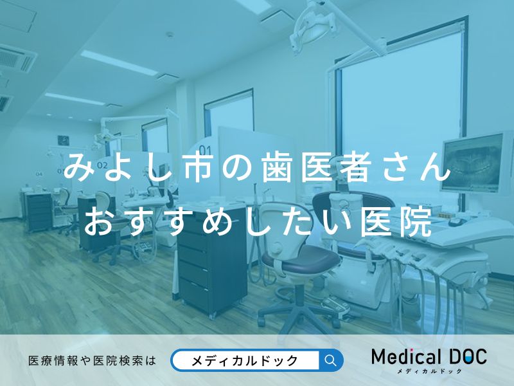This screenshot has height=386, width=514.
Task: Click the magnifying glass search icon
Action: click(x=331, y=360)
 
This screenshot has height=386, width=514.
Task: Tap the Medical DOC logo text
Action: click(x=429, y=356)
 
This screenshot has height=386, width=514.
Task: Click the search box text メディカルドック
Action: click(x=245, y=360)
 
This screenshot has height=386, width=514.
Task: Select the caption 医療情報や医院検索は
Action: click(x=93, y=361)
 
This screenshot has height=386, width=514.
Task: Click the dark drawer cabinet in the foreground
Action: click(x=212, y=264)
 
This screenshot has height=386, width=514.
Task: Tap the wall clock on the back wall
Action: click(x=64, y=140)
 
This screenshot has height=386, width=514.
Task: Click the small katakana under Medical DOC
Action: click(x=429, y=371)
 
